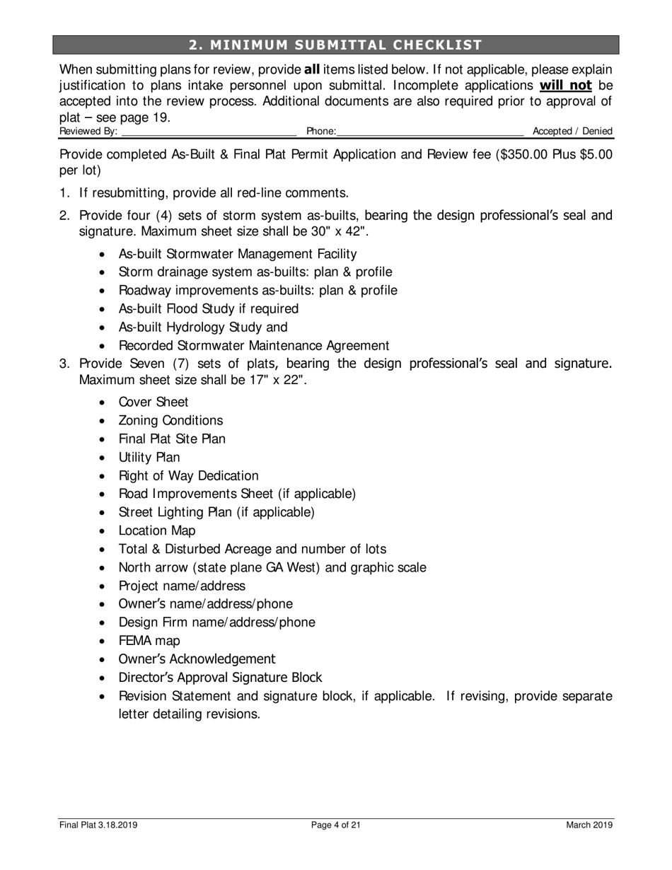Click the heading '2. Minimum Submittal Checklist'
point(336,45)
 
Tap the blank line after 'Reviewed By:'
point(209,132)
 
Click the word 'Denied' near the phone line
point(598,132)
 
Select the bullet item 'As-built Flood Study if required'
point(209,309)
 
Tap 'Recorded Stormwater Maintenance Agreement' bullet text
point(254,346)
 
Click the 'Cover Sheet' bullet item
point(153,402)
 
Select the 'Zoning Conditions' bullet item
point(170,421)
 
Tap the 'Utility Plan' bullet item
point(149,458)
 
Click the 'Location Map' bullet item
point(157,530)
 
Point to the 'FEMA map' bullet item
point(149,641)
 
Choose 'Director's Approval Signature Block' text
point(220,678)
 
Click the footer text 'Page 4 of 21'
point(336,825)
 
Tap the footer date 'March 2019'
point(589,825)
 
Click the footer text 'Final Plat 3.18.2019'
point(98,825)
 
